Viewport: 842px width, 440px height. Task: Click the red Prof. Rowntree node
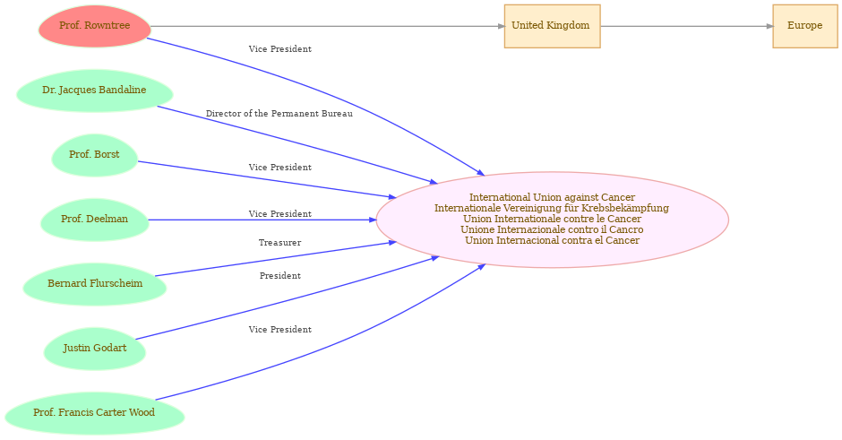coord(95,26)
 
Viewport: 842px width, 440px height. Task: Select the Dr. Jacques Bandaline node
coord(95,91)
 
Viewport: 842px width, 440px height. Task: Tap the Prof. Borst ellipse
coord(95,155)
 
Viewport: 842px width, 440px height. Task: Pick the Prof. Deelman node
coord(95,220)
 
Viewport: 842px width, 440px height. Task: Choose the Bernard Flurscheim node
coord(95,284)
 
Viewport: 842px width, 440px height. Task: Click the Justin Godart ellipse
coord(95,349)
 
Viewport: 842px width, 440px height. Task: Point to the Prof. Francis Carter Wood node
coord(95,413)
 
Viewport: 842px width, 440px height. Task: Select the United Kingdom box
coord(552,26)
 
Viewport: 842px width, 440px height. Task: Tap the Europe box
coord(805,26)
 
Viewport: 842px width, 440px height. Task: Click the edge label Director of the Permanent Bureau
coord(279,114)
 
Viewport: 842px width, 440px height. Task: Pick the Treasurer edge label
coord(279,243)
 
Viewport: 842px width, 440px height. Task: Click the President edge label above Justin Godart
coord(279,276)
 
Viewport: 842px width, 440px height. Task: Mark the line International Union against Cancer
coord(552,198)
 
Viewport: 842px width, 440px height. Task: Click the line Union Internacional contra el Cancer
coord(552,241)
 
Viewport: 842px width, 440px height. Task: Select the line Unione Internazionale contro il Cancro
coord(552,230)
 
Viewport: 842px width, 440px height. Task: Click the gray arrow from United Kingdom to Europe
coord(687,26)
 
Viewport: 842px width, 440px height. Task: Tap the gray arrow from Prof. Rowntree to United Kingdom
coord(328,26)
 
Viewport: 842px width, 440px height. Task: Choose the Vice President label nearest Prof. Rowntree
coord(279,49)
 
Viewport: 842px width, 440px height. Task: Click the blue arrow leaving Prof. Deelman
coord(262,220)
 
